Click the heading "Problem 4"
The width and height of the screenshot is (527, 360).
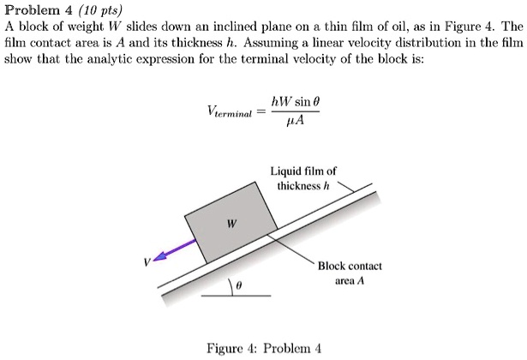pyautogui.click(x=38, y=11)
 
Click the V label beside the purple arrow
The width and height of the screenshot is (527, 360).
pyautogui.click(x=146, y=263)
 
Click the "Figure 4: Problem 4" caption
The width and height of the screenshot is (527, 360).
pyautogui.click(x=264, y=348)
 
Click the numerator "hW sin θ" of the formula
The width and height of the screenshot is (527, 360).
pyautogui.click(x=295, y=101)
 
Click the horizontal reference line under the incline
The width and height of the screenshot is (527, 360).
pyautogui.click(x=237, y=297)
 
